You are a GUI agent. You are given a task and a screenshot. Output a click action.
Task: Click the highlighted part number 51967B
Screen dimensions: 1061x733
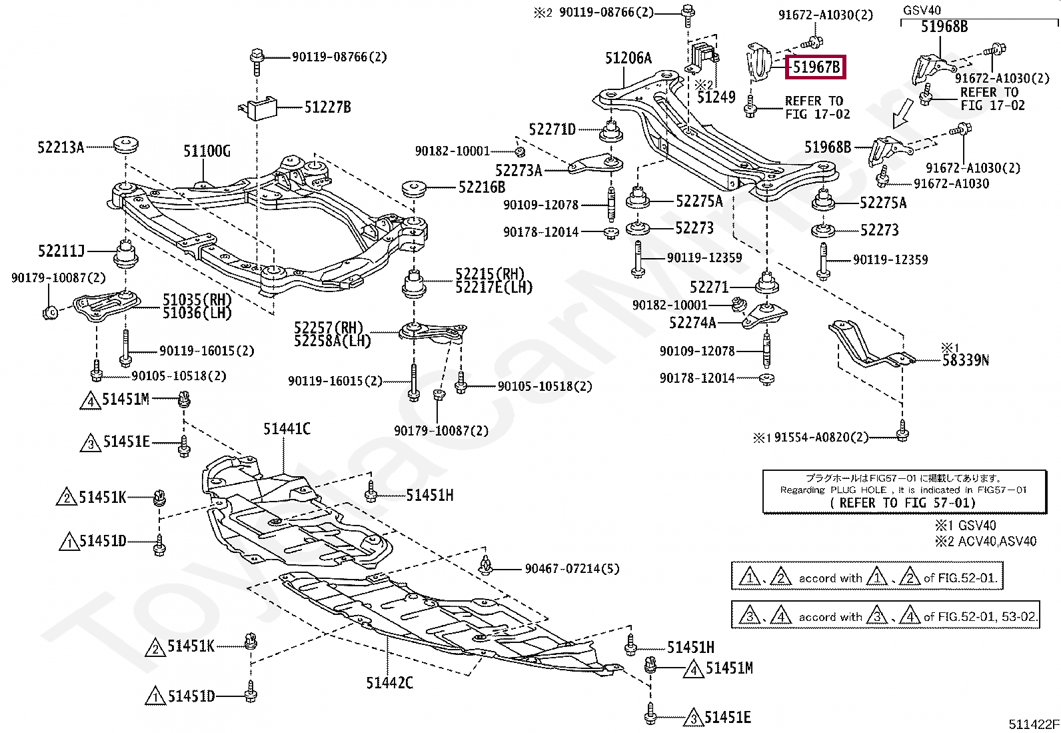(x=816, y=67)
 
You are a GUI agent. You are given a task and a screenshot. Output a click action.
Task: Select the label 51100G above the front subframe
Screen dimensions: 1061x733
(x=207, y=151)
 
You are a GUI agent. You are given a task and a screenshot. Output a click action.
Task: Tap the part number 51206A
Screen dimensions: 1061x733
(x=628, y=58)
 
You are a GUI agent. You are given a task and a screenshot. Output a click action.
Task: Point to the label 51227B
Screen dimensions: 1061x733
(x=327, y=107)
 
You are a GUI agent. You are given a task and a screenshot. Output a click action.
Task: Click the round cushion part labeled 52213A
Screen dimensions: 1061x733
(x=126, y=145)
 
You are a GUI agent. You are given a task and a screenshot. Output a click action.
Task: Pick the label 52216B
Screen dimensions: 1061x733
(x=482, y=187)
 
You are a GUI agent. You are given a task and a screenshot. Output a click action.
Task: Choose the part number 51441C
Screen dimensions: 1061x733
(x=287, y=429)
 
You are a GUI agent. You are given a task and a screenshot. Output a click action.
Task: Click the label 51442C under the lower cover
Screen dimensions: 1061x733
(x=389, y=683)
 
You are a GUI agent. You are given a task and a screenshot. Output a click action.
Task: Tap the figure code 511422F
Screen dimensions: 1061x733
(x=1033, y=724)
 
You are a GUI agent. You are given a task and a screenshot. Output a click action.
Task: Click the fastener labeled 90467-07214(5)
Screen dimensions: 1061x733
(x=485, y=565)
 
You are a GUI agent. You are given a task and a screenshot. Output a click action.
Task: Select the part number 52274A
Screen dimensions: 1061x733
(x=692, y=323)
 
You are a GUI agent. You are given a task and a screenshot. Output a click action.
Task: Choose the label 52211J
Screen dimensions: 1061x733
(x=61, y=251)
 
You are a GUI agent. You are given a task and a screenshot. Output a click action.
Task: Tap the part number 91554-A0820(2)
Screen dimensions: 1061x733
(x=821, y=437)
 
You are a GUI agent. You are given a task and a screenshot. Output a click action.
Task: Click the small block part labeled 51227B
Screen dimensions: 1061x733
(x=258, y=109)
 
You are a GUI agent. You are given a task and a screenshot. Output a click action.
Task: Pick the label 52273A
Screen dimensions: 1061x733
(x=519, y=170)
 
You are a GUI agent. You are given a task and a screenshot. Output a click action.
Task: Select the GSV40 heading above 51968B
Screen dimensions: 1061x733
(x=922, y=10)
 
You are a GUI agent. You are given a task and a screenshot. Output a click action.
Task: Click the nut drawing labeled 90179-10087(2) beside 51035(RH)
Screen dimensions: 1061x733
(x=51, y=312)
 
